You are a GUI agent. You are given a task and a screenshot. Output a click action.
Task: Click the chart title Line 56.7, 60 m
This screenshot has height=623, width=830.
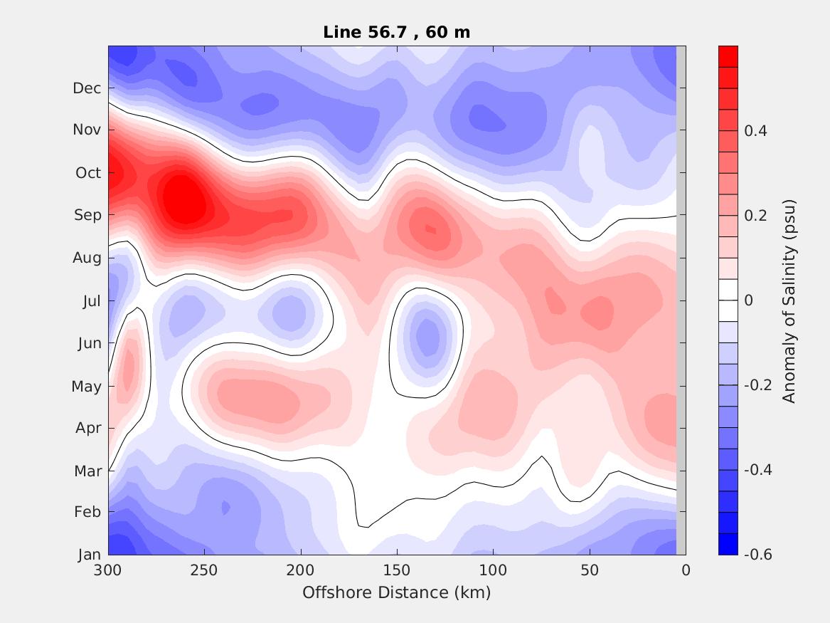pyautogui.click(x=396, y=32)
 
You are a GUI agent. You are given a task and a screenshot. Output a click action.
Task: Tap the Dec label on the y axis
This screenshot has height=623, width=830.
pyautogui.click(x=87, y=88)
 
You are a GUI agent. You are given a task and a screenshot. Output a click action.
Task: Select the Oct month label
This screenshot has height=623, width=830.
pyautogui.click(x=87, y=173)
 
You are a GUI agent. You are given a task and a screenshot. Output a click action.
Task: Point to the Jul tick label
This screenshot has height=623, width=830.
pyautogui.click(x=91, y=301)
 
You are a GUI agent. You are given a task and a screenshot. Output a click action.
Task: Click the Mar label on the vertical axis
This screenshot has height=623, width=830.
pyautogui.click(x=87, y=471)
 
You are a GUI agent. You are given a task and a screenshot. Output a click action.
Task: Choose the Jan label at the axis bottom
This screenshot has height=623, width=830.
pyautogui.click(x=89, y=555)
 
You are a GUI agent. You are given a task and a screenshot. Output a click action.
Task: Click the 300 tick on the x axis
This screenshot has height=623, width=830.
pyautogui.click(x=108, y=570)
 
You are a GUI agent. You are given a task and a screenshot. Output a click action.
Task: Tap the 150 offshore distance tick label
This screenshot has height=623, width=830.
pyautogui.click(x=397, y=570)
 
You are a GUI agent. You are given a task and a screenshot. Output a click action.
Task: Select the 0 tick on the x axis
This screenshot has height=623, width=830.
pyautogui.click(x=686, y=570)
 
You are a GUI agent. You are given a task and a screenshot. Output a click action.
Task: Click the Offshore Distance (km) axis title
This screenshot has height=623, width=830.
pyautogui.click(x=396, y=592)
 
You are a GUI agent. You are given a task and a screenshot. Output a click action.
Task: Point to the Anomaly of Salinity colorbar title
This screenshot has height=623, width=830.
pyautogui.click(x=789, y=301)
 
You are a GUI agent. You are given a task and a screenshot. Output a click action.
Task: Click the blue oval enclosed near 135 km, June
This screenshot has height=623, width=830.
pyautogui.click(x=427, y=337)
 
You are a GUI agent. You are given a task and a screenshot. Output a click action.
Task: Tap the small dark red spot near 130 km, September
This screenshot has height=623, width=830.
pyautogui.click(x=430, y=229)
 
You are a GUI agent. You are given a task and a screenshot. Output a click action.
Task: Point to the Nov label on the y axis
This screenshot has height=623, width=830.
pyautogui.click(x=87, y=130)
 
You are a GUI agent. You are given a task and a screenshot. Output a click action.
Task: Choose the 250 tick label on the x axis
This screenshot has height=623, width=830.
pyautogui.click(x=204, y=570)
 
